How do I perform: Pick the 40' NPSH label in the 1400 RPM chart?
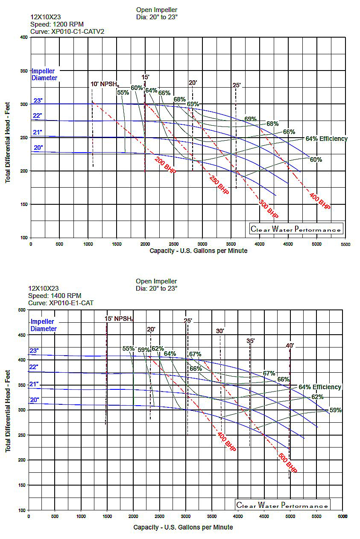(x=290, y=345)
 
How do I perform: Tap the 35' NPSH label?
(x=251, y=341)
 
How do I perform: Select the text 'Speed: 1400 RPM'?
(x=54, y=296)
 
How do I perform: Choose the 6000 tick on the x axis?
(x=342, y=516)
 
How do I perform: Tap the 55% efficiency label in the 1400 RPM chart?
(x=129, y=348)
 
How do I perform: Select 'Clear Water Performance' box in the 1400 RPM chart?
(x=283, y=506)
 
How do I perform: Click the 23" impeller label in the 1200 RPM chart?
(x=38, y=101)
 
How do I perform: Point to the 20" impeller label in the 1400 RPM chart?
(x=34, y=400)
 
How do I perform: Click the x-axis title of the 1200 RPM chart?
(x=198, y=251)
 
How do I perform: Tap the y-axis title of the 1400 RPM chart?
(x=8, y=410)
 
